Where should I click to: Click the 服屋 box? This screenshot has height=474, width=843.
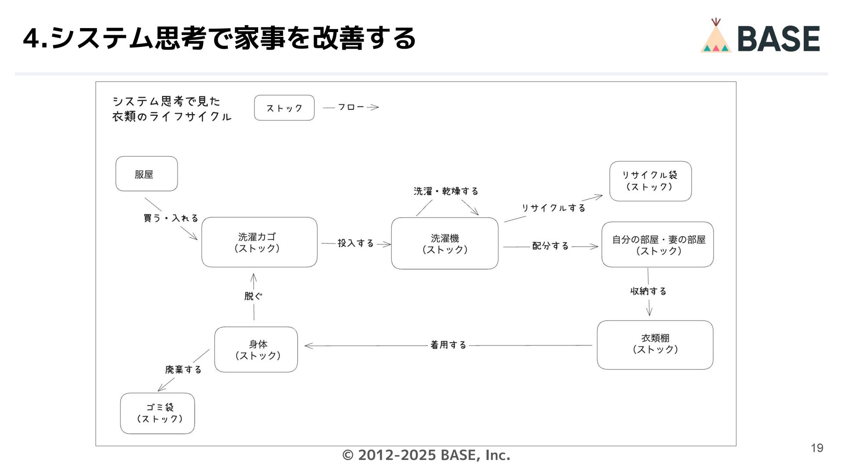(147, 174)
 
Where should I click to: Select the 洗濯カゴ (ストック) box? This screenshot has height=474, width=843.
(259, 242)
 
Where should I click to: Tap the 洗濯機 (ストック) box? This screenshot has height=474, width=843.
(444, 244)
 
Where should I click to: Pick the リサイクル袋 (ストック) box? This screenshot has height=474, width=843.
(650, 181)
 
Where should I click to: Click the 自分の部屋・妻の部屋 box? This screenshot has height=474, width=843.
(657, 245)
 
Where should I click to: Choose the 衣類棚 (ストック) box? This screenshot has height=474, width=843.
(655, 345)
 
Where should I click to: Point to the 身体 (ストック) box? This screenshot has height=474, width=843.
(256, 349)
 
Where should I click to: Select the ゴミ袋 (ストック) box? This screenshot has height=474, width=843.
(158, 413)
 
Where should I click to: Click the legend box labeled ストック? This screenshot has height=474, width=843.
(284, 108)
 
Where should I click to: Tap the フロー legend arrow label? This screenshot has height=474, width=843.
(351, 107)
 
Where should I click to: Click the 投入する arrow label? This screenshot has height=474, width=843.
(356, 243)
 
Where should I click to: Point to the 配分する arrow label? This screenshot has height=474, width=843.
(550, 246)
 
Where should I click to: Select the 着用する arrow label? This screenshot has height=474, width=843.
(448, 345)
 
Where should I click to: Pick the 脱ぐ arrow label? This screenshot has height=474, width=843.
(253, 296)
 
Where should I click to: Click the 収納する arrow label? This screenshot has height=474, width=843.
(648, 291)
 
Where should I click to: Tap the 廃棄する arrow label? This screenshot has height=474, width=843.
(183, 370)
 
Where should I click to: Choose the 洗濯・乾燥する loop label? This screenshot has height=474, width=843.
(446, 191)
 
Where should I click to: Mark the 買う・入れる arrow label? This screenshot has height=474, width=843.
(171, 218)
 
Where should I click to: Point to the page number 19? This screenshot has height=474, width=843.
(817, 448)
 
